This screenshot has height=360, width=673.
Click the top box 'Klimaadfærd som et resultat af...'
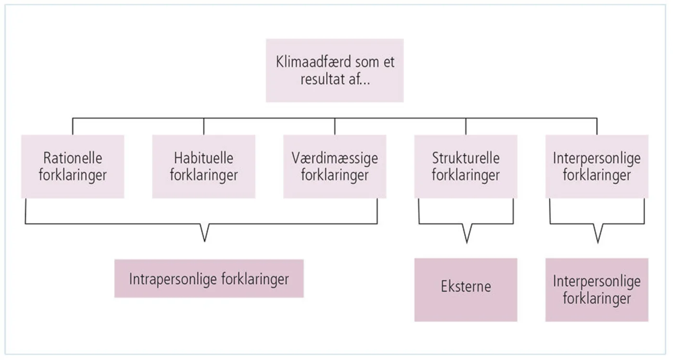click(335, 70)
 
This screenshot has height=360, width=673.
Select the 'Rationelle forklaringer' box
click(73, 166)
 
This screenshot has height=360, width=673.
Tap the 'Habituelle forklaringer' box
click(204, 166)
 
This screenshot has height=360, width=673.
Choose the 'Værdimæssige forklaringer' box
click(335, 166)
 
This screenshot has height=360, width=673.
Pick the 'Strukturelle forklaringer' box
click(466, 166)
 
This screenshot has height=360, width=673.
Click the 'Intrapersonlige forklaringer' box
click(209, 279)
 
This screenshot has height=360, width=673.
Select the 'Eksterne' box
click(466, 290)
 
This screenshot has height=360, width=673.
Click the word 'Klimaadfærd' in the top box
click(313, 62)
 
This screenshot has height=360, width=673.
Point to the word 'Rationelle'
click(73, 158)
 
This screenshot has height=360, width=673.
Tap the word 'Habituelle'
click(204, 158)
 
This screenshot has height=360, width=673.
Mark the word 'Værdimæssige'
click(335, 159)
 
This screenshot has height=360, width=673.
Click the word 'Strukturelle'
click(466, 158)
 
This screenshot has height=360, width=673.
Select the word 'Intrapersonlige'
click(173, 279)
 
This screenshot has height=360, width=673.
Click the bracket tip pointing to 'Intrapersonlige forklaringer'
click(205, 241)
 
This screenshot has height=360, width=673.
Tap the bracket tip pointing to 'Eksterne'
click(467, 243)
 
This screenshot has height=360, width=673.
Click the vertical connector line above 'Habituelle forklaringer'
click(204, 126)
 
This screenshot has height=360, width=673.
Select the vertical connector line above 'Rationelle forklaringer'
click(73, 126)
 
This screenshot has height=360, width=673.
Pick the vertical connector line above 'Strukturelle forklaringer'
click(466, 126)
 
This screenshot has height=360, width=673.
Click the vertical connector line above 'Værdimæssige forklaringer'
click(335, 126)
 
